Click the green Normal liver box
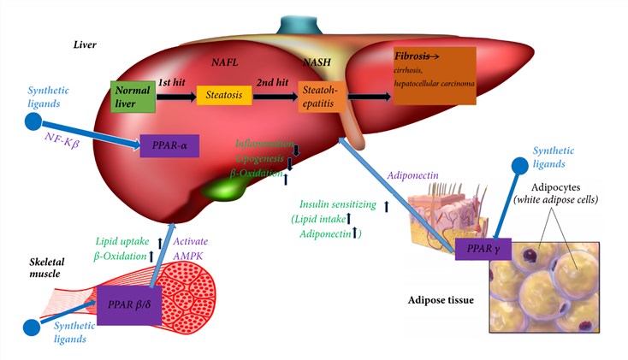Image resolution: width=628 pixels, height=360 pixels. point(130,97)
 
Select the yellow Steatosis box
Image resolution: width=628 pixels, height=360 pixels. point(223,97)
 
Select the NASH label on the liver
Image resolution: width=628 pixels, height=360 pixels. point(317,63)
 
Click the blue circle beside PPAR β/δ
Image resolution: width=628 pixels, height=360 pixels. point(33,326)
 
